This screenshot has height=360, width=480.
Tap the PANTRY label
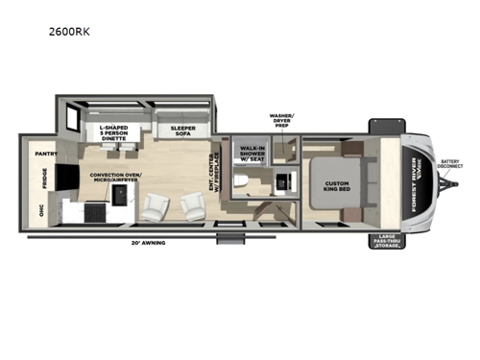[46, 154]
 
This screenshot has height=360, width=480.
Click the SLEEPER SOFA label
[183, 132]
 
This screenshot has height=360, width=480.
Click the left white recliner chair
[155, 204]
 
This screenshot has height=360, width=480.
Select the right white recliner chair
[188, 204]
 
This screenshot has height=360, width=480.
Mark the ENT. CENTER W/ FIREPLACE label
[215, 177]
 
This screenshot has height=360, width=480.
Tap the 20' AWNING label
[150, 243]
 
